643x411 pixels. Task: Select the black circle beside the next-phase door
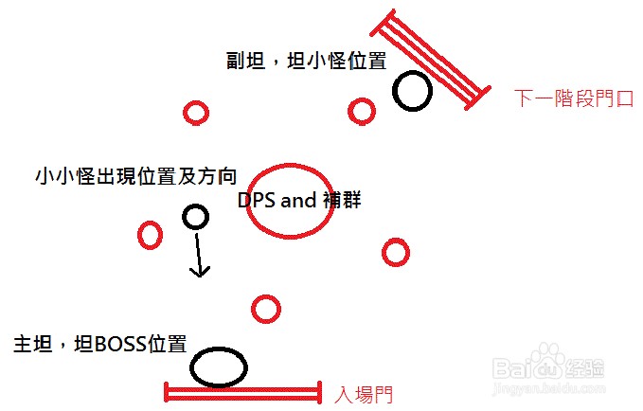click(x=412, y=91)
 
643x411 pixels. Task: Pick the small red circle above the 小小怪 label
click(x=195, y=114)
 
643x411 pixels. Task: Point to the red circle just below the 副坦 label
click(x=361, y=112)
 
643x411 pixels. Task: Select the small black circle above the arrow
click(x=194, y=218)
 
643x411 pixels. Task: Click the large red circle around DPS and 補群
click(x=291, y=204)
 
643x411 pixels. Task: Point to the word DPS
click(x=256, y=201)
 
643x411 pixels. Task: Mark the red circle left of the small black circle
click(x=150, y=234)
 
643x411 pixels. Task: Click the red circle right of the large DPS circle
click(x=395, y=252)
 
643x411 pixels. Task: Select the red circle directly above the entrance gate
click(x=266, y=309)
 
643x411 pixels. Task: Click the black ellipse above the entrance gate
click(x=219, y=366)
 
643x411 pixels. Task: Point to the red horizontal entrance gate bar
click(x=243, y=392)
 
